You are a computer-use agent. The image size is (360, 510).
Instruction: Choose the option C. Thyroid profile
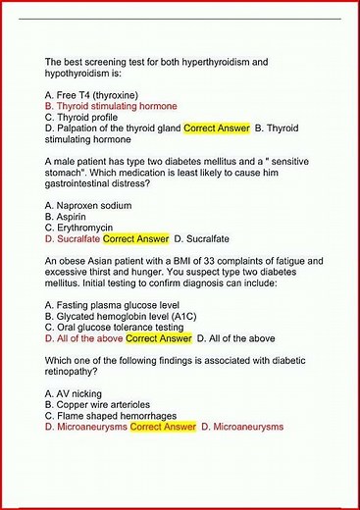coord(83,117)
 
